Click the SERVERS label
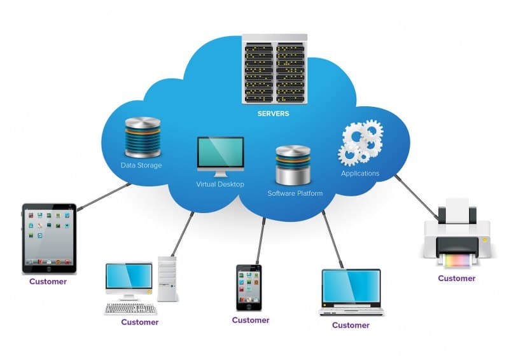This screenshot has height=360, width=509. pos(273,114)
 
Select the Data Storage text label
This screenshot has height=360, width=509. pos(141,165)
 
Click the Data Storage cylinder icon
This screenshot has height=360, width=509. pos(143,137)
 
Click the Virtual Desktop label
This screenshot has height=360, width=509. pos(220,184)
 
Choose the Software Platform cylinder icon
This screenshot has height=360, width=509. pos(293,164)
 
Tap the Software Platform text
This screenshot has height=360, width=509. pos(295,193)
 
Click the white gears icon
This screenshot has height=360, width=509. pos(360,144)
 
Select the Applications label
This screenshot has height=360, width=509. pos(360,173)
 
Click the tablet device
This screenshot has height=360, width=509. pos(49,235)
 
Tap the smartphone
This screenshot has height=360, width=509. pos(249,287)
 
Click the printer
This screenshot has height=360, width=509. pos(457,232)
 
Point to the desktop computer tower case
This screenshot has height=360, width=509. pos(167,278)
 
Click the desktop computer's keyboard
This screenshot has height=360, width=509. pos(130,308)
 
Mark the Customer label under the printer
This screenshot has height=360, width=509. pos(457,278)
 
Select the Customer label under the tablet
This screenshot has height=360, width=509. pos(48,281)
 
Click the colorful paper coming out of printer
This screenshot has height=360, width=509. pos(457,261)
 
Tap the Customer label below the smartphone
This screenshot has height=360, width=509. pos(251,320)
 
